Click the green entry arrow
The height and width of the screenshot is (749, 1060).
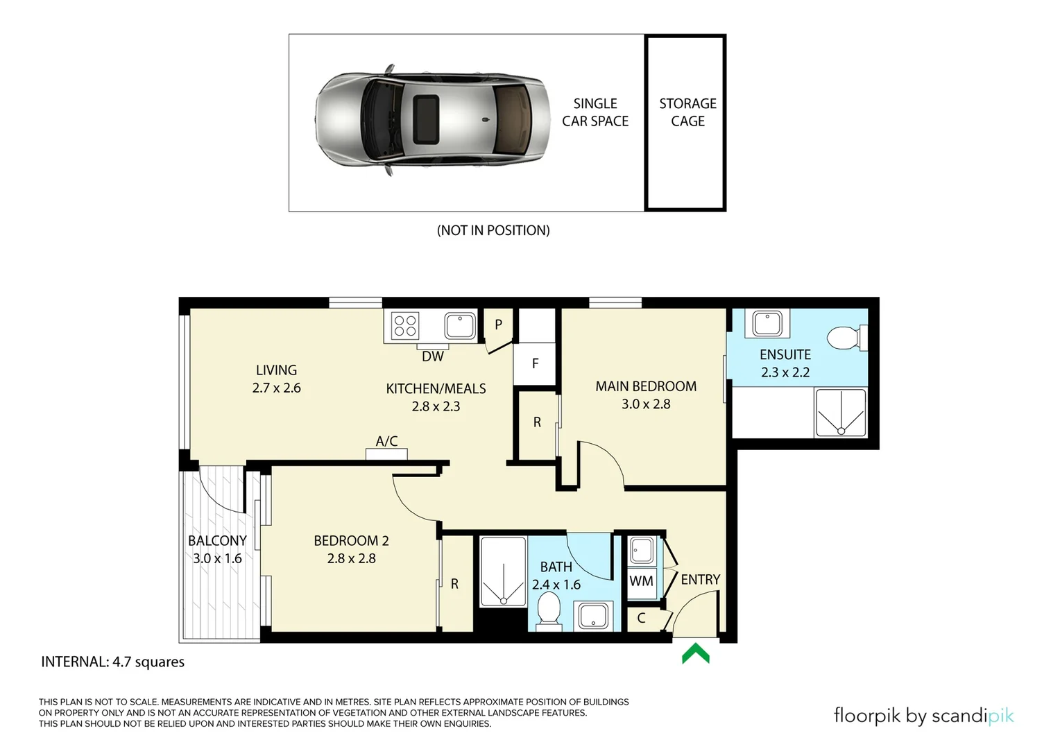[x=695, y=653]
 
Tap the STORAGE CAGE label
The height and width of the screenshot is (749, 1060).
[x=687, y=112]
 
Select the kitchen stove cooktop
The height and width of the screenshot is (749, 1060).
[x=405, y=325]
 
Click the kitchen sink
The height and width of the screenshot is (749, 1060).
[x=459, y=325]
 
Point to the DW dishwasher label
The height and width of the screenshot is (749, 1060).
[x=433, y=356]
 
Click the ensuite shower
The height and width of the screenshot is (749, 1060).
[x=840, y=413]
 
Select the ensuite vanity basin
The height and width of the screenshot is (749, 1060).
[x=767, y=323]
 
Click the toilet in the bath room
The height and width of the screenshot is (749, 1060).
[x=549, y=611]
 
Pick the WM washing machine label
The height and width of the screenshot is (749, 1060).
[x=641, y=580]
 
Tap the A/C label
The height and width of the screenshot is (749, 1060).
[x=386, y=441]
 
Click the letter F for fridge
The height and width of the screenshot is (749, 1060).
[x=535, y=363]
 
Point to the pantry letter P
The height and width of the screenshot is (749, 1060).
[x=498, y=325]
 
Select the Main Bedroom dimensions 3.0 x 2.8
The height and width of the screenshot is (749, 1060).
[x=646, y=404]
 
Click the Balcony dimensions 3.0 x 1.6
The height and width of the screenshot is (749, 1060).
[x=217, y=558]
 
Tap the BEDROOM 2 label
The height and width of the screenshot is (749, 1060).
[x=351, y=541]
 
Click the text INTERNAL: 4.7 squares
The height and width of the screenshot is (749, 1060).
[x=113, y=662]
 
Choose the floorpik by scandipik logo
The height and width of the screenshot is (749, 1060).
[x=923, y=716]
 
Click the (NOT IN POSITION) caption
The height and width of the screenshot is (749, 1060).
[x=493, y=230]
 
